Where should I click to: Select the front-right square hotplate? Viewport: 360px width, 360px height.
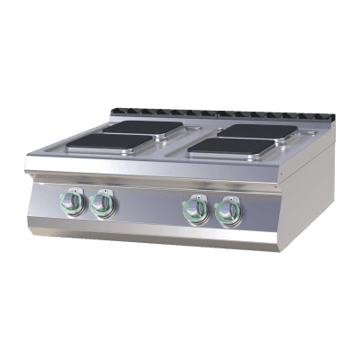point(233,146)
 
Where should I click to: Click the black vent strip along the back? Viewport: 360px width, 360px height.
point(216,115)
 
